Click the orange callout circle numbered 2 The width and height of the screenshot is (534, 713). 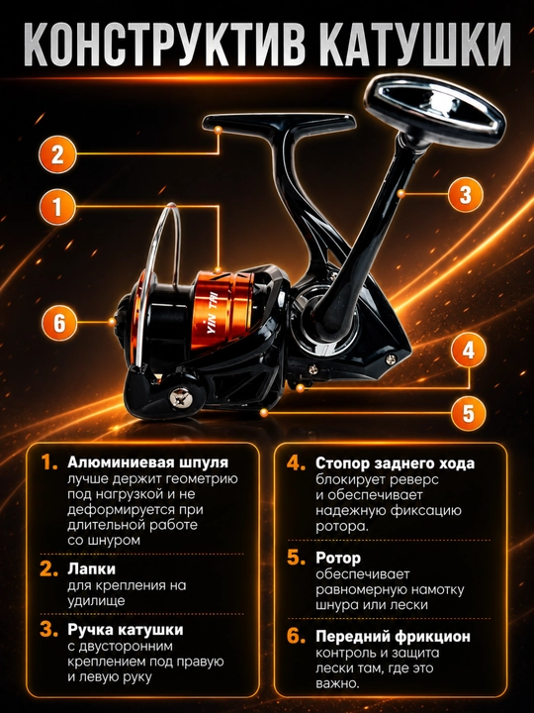[57, 154]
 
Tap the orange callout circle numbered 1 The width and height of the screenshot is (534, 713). [57, 207]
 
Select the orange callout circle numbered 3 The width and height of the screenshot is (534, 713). [466, 194]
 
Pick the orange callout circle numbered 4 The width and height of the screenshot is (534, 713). [468, 351]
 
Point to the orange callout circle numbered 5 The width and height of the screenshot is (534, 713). [468, 413]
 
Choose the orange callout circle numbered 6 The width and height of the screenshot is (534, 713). [59, 323]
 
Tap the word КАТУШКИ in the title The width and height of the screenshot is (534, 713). [413, 45]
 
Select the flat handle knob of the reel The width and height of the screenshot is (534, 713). [434, 111]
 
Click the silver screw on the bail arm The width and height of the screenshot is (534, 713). [181, 397]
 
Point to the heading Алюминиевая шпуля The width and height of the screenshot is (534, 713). [148, 462]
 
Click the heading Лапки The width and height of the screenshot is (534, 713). [91, 568]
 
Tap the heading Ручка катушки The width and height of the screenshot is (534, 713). [126, 630]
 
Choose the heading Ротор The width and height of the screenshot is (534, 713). [338, 558]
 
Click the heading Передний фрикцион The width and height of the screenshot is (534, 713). [394, 637]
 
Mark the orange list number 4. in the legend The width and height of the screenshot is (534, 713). [296, 463]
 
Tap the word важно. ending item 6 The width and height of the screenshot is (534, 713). [337, 683]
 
